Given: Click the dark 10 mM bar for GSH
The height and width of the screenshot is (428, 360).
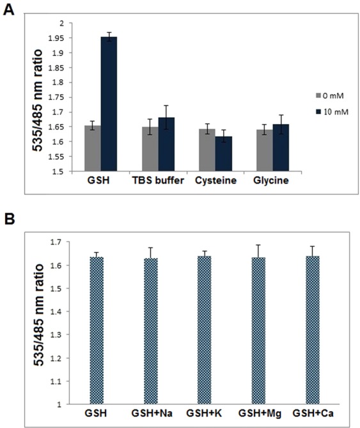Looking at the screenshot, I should [109, 104].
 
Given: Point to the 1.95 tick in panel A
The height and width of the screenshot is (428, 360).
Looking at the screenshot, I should [62, 38].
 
